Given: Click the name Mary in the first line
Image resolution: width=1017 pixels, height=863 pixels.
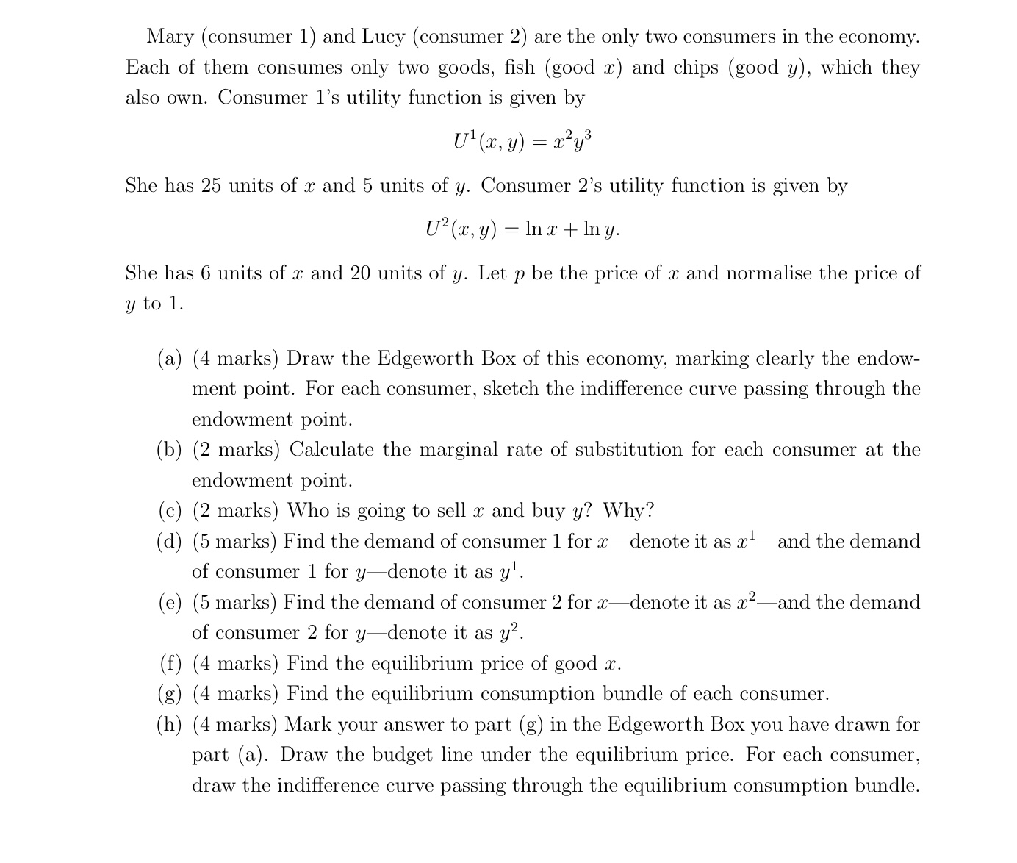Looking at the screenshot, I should click(169, 37).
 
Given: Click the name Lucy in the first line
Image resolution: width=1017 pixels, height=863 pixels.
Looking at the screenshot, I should click(384, 37).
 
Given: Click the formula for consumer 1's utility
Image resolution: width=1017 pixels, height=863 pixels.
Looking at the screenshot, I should click(522, 140).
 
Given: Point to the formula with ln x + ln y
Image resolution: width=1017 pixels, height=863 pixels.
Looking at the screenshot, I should click(522, 229).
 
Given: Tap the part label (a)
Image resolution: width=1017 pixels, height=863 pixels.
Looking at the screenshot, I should click(170, 359).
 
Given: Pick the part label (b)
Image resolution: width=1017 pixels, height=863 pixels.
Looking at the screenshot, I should click(170, 450).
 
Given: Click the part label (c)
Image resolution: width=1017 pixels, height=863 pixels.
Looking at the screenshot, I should click(170, 511).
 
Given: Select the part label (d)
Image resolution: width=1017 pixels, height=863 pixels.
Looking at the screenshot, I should click(170, 542).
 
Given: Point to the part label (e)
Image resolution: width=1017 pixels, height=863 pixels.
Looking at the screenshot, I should click(170, 603).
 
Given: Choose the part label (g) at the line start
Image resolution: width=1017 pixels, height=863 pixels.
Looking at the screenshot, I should click(170, 694).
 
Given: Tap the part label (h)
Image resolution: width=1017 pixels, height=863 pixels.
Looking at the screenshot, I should click(170, 725).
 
